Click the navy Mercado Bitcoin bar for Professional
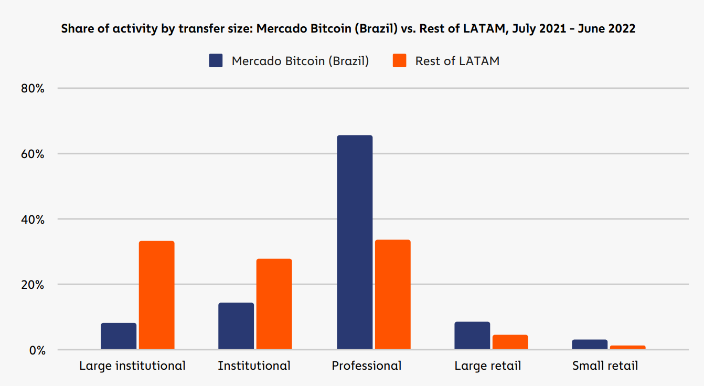coord(355,242)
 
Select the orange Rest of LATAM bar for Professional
coord(393,294)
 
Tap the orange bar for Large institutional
coord(156,295)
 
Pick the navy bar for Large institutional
coord(119,336)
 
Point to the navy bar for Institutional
coord(236,326)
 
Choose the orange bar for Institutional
coord(274,304)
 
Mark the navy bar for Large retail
coord(472,336)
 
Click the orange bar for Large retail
coord(510,342)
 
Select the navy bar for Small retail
coord(590,345)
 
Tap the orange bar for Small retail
coord(627,347)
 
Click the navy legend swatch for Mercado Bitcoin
coord(216,61)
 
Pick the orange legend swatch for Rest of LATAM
coord(400,61)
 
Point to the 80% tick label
coord(33,88)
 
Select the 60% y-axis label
coord(33,154)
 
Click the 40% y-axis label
coord(33,219)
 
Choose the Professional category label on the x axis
coord(367,366)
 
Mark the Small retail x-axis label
coord(605,366)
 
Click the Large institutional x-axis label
coord(132,366)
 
